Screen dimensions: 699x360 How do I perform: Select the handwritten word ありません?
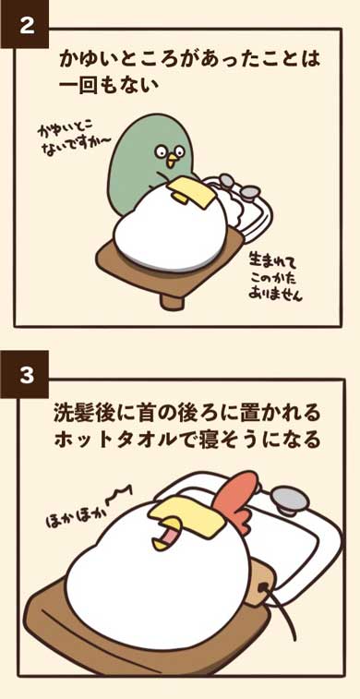click(276, 296)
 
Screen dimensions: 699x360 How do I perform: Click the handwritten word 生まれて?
click(267, 253)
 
